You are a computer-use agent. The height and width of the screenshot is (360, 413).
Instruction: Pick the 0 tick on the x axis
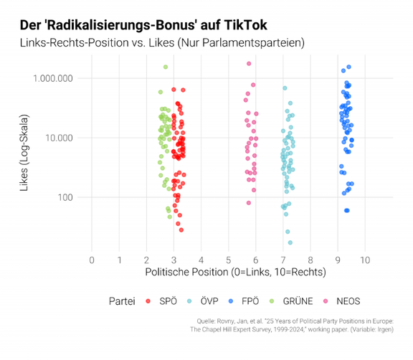(91, 259)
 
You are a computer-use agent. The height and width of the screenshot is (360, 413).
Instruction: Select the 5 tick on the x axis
(228, 259)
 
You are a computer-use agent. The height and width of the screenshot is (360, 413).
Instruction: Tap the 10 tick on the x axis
(365, 259)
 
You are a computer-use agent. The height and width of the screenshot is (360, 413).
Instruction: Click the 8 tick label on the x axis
(310, 259)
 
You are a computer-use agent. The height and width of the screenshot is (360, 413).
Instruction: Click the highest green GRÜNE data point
(166, 67)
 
